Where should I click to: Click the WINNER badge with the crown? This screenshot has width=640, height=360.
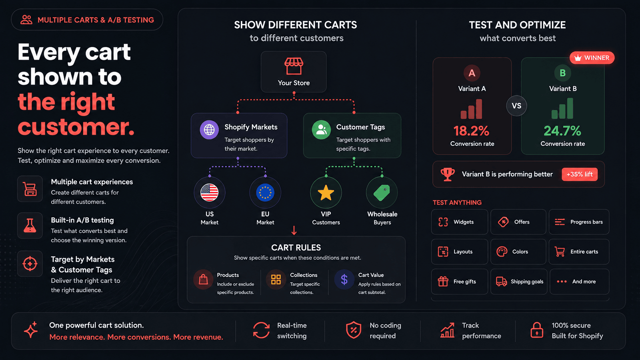point(592,58)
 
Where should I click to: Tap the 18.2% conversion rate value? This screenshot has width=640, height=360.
point(472,131)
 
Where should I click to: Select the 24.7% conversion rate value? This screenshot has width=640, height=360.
point(562,131)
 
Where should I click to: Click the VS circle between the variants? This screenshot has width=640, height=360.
point(516,106)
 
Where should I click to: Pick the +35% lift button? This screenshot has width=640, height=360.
point(580,174)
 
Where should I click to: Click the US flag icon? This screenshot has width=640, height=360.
point(210,192)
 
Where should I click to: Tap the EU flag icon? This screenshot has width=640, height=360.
point(265,192)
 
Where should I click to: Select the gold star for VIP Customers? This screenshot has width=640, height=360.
point(326,192)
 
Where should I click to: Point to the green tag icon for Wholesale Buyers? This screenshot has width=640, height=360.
point(382,192)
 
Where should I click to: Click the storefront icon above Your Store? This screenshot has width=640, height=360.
point(294,66)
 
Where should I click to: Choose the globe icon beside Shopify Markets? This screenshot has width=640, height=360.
point(209,130)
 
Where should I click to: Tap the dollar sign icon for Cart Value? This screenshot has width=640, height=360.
point(344,280)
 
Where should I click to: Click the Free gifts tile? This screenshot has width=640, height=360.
point(460,282)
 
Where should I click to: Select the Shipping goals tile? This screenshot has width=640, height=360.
point(518,282)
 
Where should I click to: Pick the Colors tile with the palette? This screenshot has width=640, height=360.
point(518,252)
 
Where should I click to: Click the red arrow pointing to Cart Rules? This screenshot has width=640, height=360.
point(294,230)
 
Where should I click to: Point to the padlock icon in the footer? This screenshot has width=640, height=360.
point(537,330)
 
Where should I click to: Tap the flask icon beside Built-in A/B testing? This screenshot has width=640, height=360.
point(30,226)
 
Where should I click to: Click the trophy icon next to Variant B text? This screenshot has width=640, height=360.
point(448,174)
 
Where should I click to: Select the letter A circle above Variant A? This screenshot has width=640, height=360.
point(472,73)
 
